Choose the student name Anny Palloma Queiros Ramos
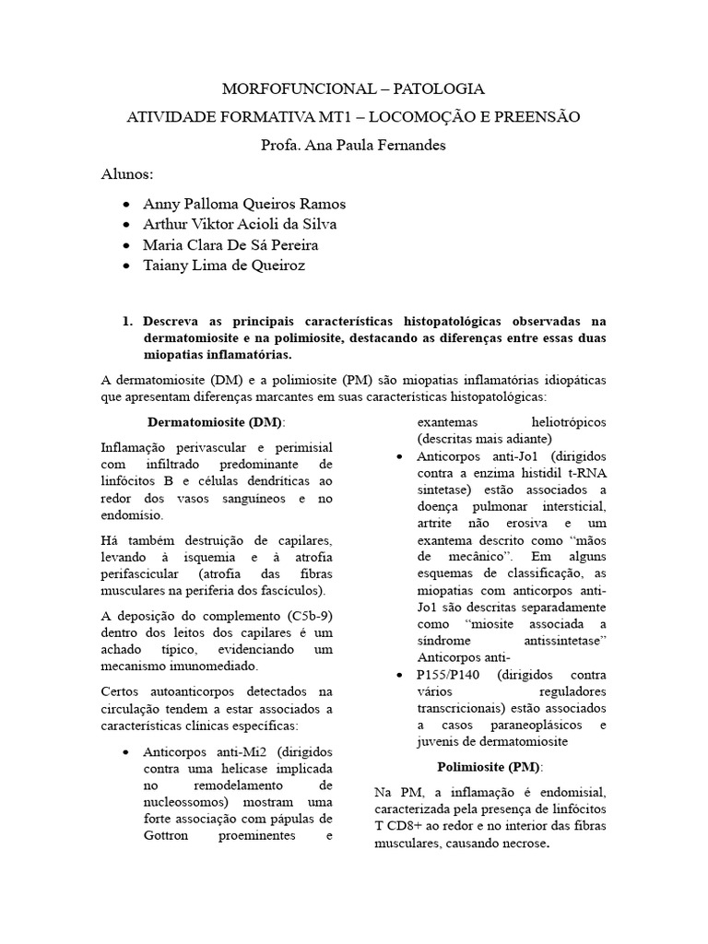point(244,204)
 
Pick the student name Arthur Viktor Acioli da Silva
point(239,225)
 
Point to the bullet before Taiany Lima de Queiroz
point(125,266)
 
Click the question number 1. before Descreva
point(128,321)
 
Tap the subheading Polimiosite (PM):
point(490,767)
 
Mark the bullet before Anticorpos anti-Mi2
point(125,752)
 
